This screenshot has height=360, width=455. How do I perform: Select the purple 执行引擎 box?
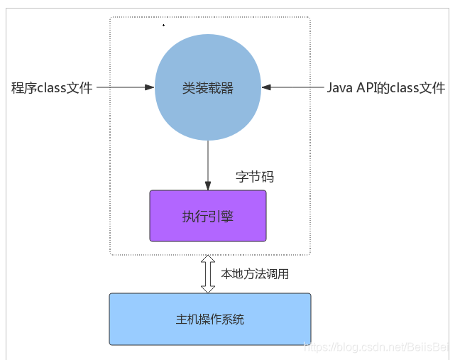click(207, 216)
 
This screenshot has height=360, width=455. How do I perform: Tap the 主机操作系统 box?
click(209, 319)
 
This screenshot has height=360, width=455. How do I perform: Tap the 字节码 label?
click(254, 178)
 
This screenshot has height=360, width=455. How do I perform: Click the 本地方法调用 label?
click(255, 274)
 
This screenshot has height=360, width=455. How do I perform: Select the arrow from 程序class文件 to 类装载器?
click(125, 88)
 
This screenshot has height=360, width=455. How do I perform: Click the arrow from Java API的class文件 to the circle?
click(292, 88)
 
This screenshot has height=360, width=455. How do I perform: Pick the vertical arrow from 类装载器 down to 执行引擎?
click(208, 163)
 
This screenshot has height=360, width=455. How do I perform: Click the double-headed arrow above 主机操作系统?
click(208, 274)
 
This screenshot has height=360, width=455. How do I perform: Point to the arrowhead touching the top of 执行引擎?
click(208, 186)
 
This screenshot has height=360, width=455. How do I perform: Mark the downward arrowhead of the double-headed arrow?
click(208, 288)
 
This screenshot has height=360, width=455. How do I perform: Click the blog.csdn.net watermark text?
click(376, 347)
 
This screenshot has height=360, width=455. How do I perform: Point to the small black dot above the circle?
click(163, 26)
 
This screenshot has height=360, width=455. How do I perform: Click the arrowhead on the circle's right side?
click(266, 88)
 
